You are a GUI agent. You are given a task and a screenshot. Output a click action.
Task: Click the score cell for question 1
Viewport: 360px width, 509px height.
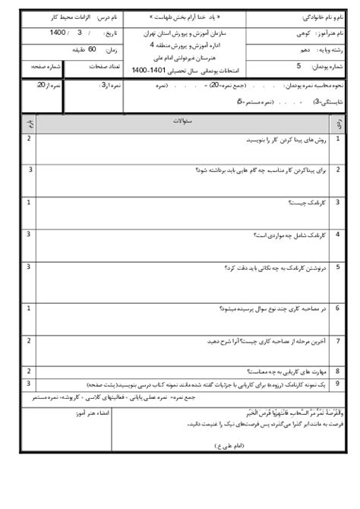pyautogui.click(x=29, y=139)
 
